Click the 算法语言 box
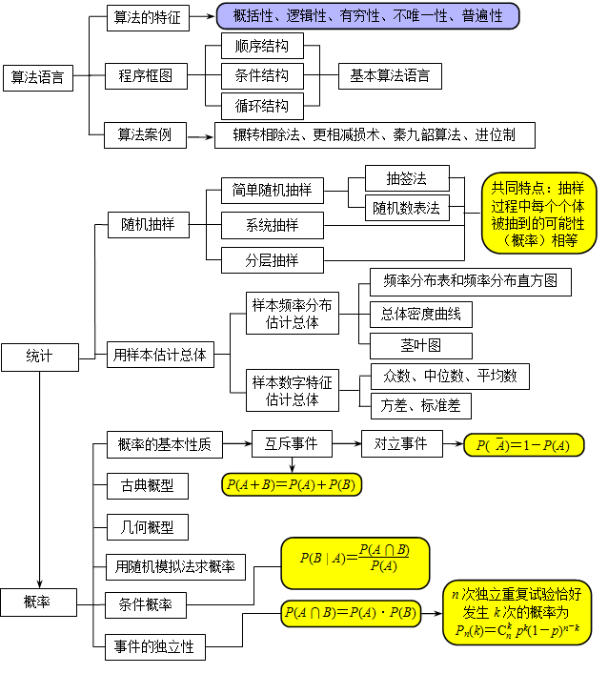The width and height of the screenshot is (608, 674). click(38, 78)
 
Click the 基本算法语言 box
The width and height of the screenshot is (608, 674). click(390, 75)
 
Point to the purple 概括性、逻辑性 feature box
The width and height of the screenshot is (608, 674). click(367, 16)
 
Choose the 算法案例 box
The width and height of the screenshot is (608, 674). click(145, 134)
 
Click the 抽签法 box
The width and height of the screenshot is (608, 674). click(406, 178)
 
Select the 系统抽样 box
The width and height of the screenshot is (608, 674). click(272, 226)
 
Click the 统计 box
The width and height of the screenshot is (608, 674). click(39, 357)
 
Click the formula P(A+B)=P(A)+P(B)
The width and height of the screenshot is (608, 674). click(291, 485)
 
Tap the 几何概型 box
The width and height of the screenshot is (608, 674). click(147, 527)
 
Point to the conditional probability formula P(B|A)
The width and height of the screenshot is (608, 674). click(355, 562)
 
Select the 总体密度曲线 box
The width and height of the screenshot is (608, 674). click(419, 314)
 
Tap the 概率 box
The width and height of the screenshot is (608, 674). click(39, 601)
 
